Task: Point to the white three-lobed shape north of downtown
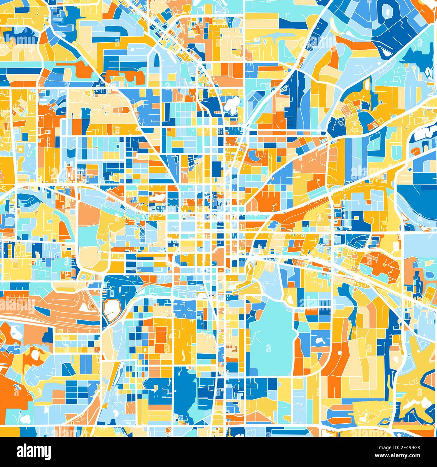(x=232, y=104)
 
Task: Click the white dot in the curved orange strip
(x=339, y=353)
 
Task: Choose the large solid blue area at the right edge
(x=417, y=195)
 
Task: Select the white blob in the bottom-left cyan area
(x=24, y=418)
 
